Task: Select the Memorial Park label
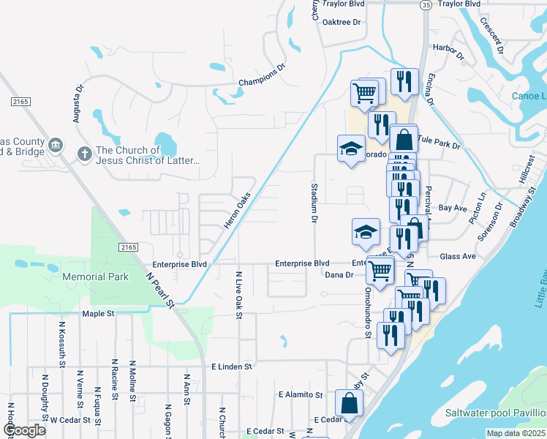[x=95, y=277]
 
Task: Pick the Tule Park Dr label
[x=439, y=141]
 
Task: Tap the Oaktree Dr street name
[x=342, y=22]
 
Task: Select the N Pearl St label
[x=162, y=290]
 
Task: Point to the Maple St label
[x=99, y=313]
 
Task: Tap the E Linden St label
[x=231, y=366]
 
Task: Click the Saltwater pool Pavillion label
[x=496, y=413]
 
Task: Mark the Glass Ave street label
[x=458, y=256]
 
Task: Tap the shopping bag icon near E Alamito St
[x=350, y=402]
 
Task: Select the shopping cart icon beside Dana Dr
[x=380, y=269]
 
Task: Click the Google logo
[x=25, y=430]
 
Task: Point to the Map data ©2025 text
[x=515, y=433]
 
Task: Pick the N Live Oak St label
[x=238, y=296]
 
